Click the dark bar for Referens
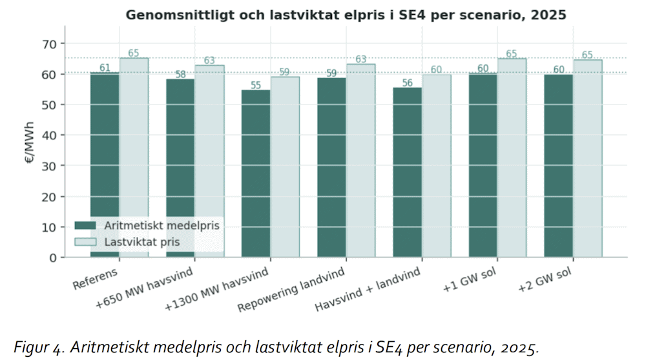tap(105, 165)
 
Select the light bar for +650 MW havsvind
tap(209, 161)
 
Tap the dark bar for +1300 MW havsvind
tap(256, 174)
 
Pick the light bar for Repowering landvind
tap(360, 161)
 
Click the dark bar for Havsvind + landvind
tap(408, 172)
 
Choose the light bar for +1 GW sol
tap(512, 158)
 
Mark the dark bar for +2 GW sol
tap(558, 166)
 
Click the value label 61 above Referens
tap(105, 68)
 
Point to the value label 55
tap(256, 85)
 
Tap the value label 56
tap(408, 83)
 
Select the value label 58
tap(180, 74)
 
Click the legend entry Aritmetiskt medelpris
tap(147, 225)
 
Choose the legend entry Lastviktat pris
tap(127, 242)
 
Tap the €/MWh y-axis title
tap(30, 143)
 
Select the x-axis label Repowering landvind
tap(291, 290)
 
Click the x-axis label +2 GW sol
tap(545, 280)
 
